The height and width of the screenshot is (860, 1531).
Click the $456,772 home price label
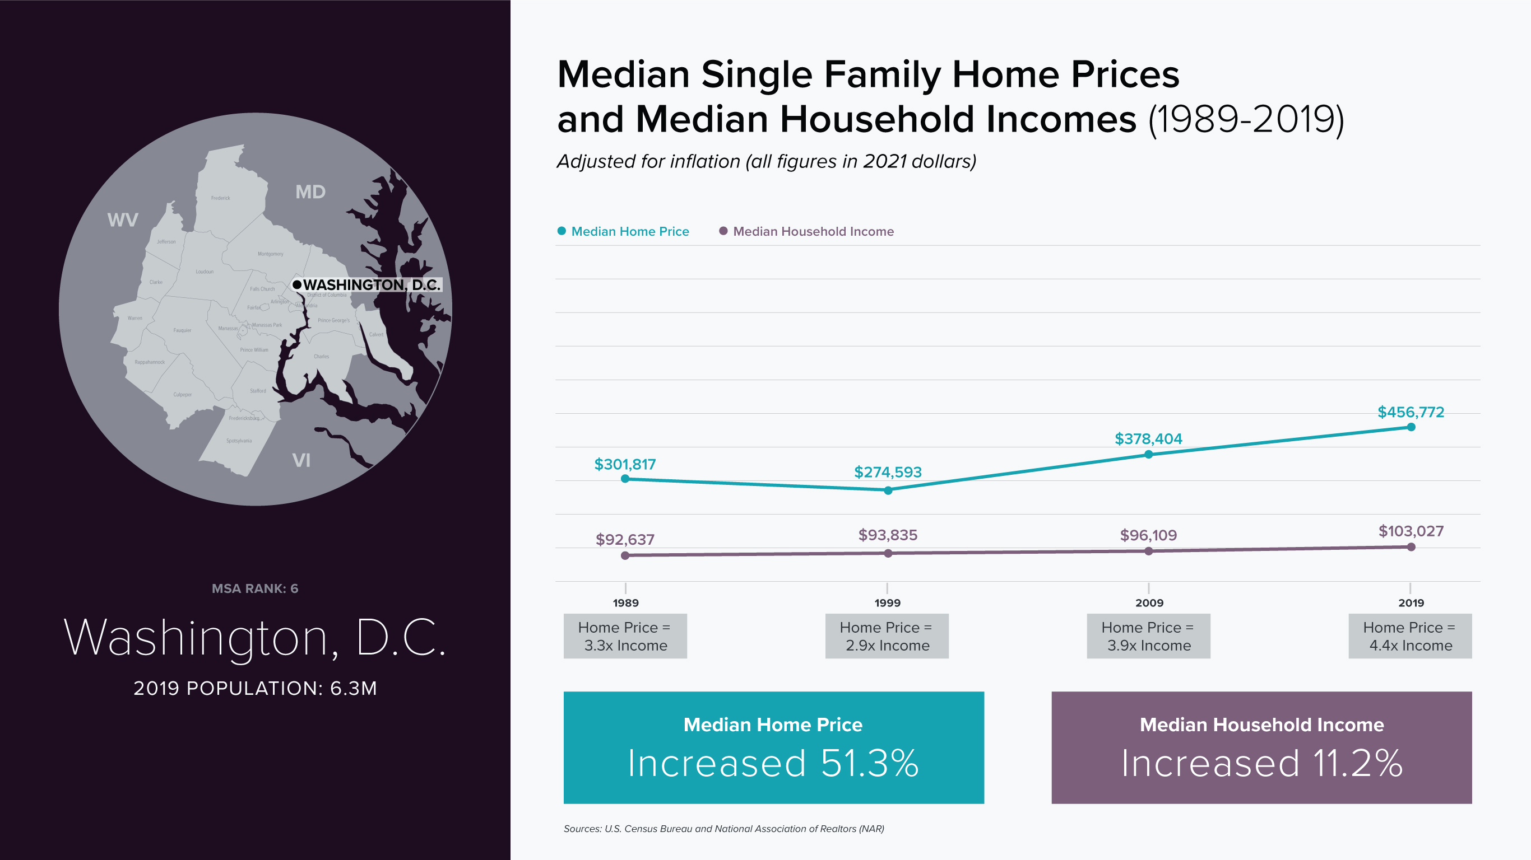(x=1411, y=412)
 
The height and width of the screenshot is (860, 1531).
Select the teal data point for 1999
(x=888, y=490)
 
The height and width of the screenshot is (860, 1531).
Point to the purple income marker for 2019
(x=1411, y=547)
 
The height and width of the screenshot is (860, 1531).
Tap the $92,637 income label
(x=625, y=539)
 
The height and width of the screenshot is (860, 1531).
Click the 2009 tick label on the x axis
(x=1149, y=603)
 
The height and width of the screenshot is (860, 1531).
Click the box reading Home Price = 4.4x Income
(x=1410, y=636)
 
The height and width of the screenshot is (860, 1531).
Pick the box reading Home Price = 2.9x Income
(x=887, y=636)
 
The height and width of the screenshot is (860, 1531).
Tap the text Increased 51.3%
(x=773, y=763)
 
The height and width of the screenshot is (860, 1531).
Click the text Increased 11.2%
(x=1261, y=763)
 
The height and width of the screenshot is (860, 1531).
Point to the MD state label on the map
(x=310, y=192)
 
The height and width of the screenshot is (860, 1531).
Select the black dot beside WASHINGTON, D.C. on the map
(x=297, y=284)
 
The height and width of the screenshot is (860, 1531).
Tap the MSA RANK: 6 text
(x=255, y=588)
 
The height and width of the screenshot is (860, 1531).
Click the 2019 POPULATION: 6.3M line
(x=255, y=688)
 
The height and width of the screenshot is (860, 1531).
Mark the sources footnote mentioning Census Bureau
(x=723, y=829)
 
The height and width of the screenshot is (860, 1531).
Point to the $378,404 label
(x=1148, y=438)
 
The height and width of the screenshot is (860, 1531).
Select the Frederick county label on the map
(x=220, y=198)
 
